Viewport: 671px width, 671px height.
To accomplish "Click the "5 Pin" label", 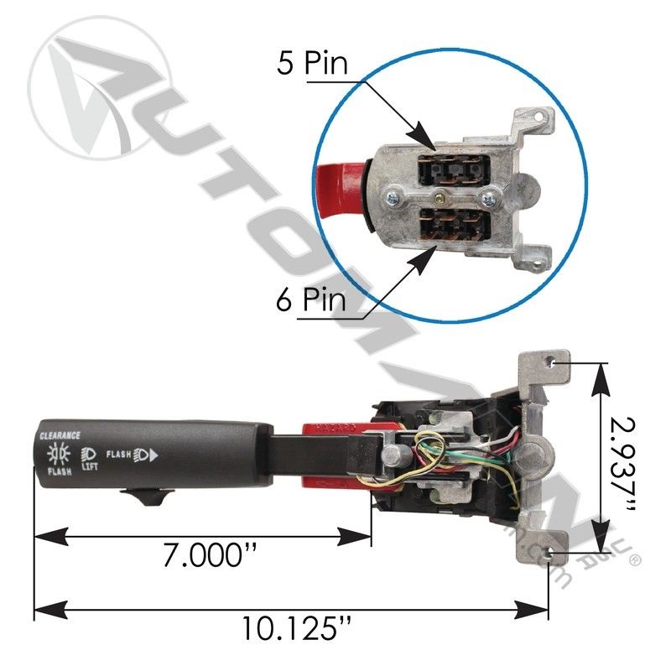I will click(x=312, y=65).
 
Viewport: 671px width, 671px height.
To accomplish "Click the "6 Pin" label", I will click(x=312, y=299).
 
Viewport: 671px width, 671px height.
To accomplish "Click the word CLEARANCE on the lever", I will click(x=60, y=435).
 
